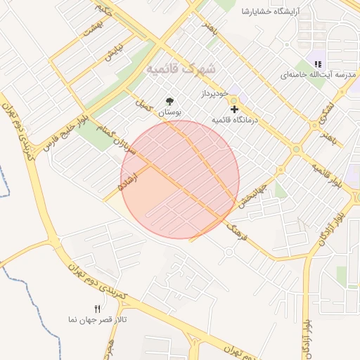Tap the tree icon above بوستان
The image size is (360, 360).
click(169, 101)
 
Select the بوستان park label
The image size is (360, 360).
click(169, 112)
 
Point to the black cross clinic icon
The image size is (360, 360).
click(234, 109)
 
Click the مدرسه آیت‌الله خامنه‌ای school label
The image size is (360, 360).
click(319, 75)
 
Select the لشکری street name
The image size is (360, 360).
click(327, 112)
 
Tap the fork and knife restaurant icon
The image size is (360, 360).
click(98, 309)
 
